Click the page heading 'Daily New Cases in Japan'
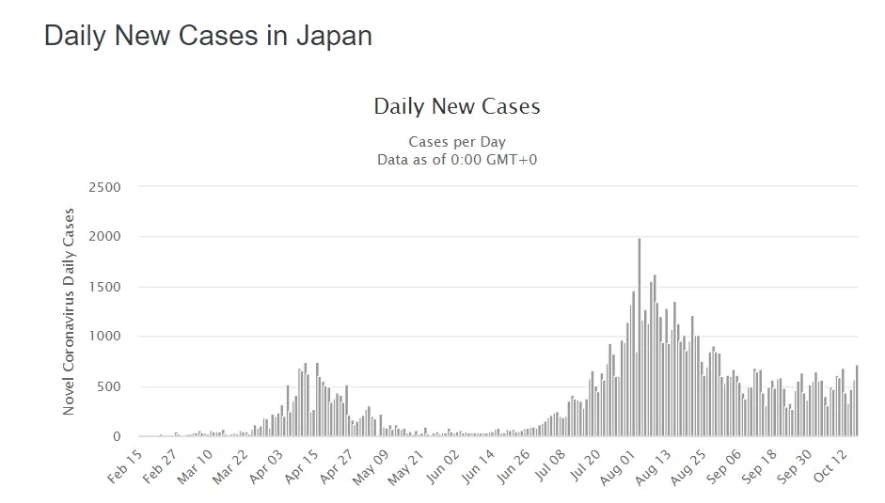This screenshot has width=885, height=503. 208,37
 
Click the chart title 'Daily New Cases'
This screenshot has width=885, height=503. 457,106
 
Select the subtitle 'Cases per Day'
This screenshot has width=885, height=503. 457,142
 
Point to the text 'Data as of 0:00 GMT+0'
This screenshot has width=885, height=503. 457,159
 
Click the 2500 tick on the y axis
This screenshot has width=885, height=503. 104,187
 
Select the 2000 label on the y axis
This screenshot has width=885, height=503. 104,237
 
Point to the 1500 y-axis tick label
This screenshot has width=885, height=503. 104,287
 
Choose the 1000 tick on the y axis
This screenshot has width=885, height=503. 104,337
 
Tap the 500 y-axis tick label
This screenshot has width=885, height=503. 109,386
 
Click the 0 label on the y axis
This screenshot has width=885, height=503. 119,436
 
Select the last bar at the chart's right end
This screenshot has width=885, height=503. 857,401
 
